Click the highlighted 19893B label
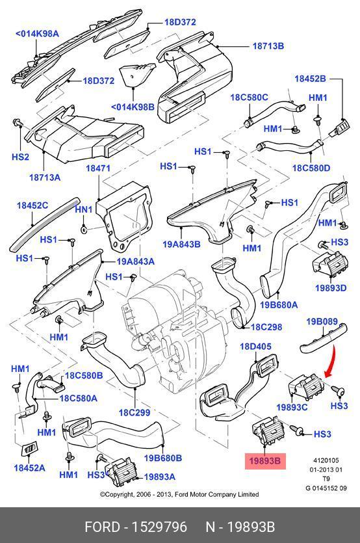coord(265,461)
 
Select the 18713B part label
coord(268,46)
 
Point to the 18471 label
coord(98,168)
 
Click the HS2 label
coord(20,157)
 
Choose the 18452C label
coord(32,205)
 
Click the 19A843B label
coord(182,244)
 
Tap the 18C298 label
coord(266,327)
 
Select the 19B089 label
coord(322,321)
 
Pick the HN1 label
coord(84,209)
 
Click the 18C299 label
coord(135,412)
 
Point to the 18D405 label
coord(256,347)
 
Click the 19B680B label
coord(163,458)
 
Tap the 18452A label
coord(29,468)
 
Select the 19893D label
coord(331,288)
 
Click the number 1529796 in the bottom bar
coord(160,527)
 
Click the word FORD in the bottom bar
coord(102,527)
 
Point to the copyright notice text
coord(179,494)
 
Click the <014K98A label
coord(38,34)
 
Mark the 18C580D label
coord(311,168)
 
